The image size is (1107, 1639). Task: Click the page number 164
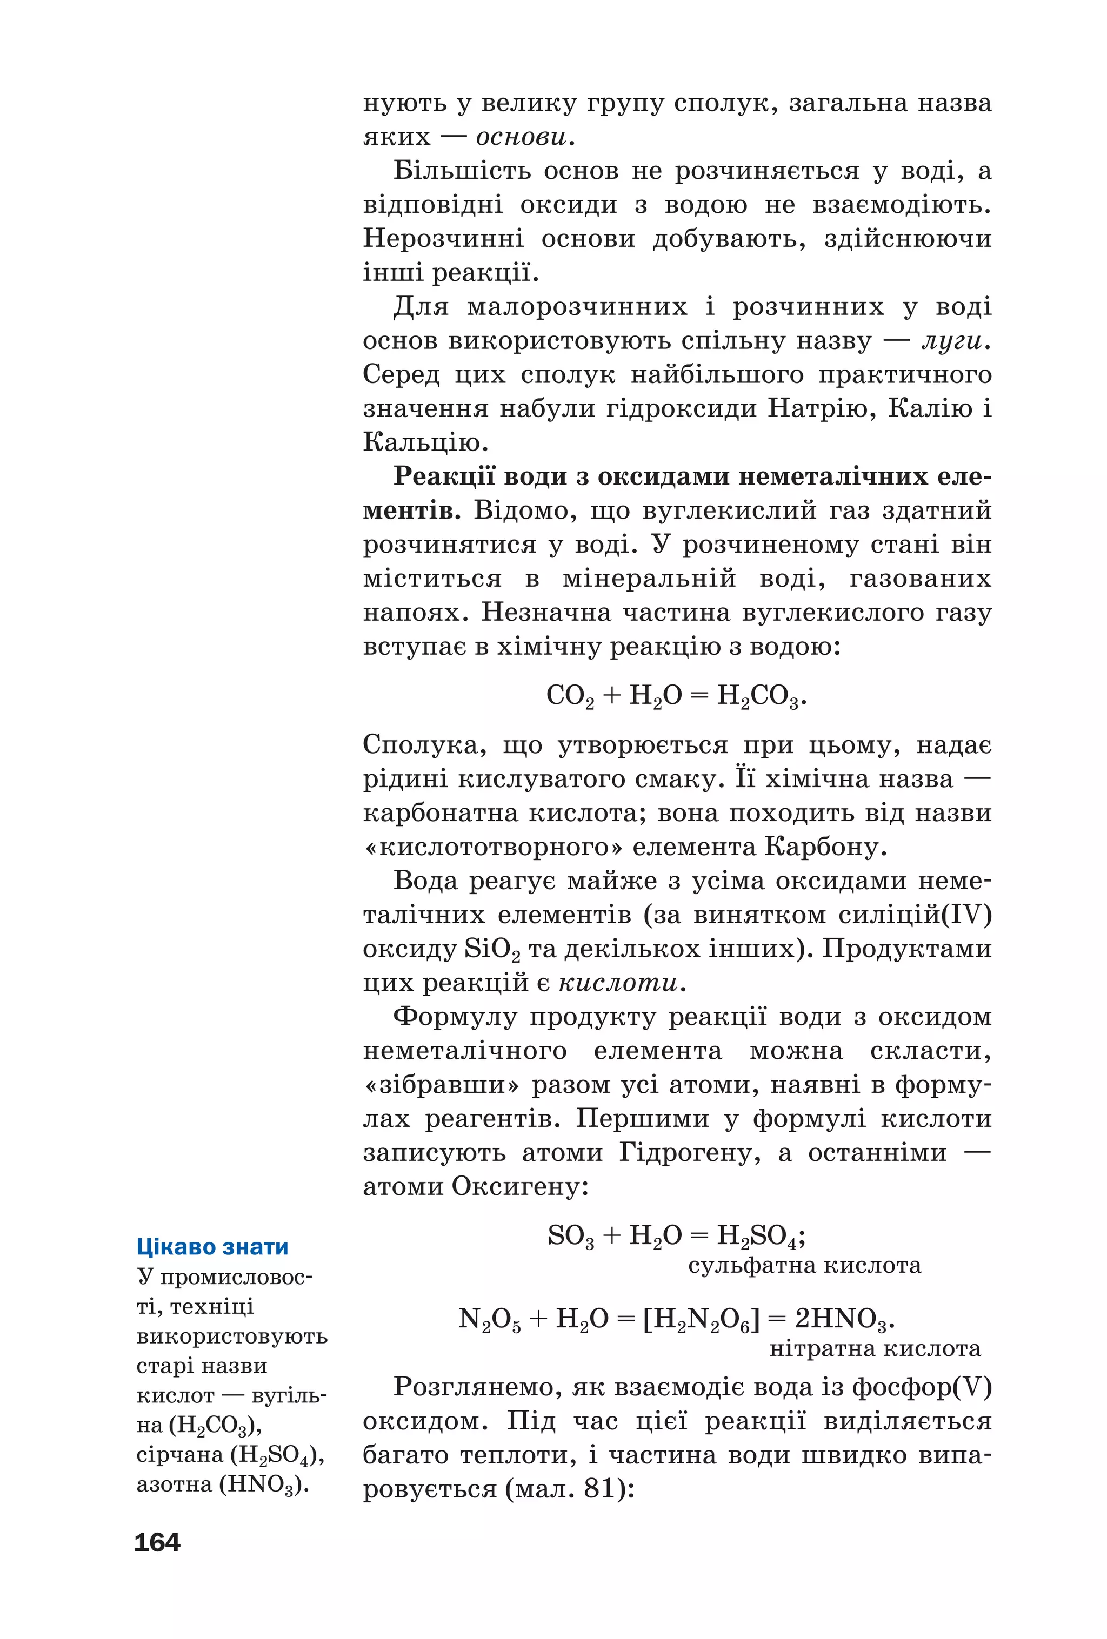[x=157, y=1542]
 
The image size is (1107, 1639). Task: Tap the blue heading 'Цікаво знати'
[x=212, y=1246]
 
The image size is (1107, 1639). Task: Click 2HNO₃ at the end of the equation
[x=843, y=1319]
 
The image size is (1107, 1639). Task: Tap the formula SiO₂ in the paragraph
[x=492, y=949]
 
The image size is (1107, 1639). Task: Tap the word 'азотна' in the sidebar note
[x=174, y=1484]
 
